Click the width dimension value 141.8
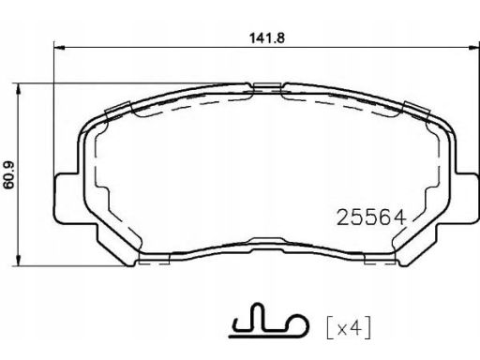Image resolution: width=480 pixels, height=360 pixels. click(x=267, y=38)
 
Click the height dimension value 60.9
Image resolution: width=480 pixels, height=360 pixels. click(x=9, y=175)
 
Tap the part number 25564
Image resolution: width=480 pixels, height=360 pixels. click(x=371, y=217)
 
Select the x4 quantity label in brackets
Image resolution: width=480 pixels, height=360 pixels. click(x=349, y=327)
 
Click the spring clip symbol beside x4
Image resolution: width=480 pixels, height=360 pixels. click(x=269, y=322)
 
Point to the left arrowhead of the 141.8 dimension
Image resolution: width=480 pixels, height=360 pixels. click(x=59, y=48)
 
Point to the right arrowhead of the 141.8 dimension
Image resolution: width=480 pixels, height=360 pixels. click(x=473, y=48)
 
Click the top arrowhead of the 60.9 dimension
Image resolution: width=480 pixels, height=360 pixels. click(x=19, y=89)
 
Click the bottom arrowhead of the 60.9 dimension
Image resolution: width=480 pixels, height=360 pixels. click(x=19, y=261)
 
